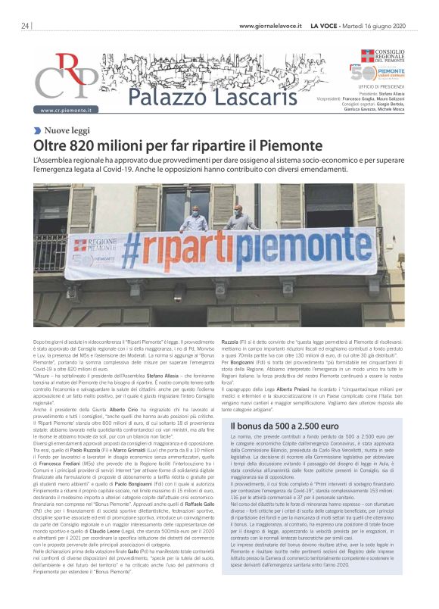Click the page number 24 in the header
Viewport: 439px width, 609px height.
point(25,26)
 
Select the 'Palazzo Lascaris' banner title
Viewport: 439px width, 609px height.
point(193,97)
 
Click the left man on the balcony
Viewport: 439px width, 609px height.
point(196,220)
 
